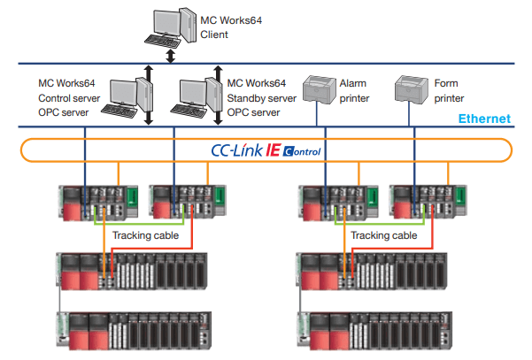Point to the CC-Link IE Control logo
click(266, 150)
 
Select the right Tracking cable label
click(383, 235)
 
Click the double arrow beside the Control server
click(149, 95)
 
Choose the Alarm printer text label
click(354, 91)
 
